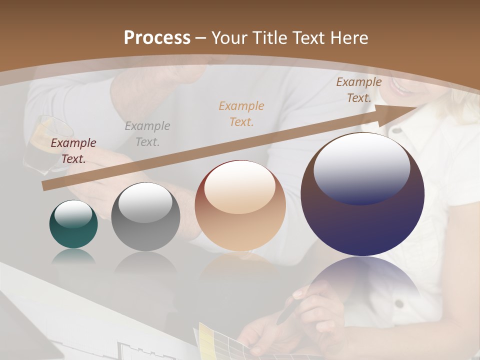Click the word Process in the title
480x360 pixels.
tap(157, 38)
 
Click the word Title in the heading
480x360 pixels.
tap(269, 38)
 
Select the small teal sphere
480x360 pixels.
tap(73, 224)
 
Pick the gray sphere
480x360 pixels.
tap(145, 217)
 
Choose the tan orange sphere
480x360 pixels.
tap(240, 205)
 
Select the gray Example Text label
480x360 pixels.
tap(147, 134)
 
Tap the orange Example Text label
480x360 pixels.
tap(241, 113)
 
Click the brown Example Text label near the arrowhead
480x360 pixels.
tap(359, 90)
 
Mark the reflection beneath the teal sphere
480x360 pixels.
tap(73, 256)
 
